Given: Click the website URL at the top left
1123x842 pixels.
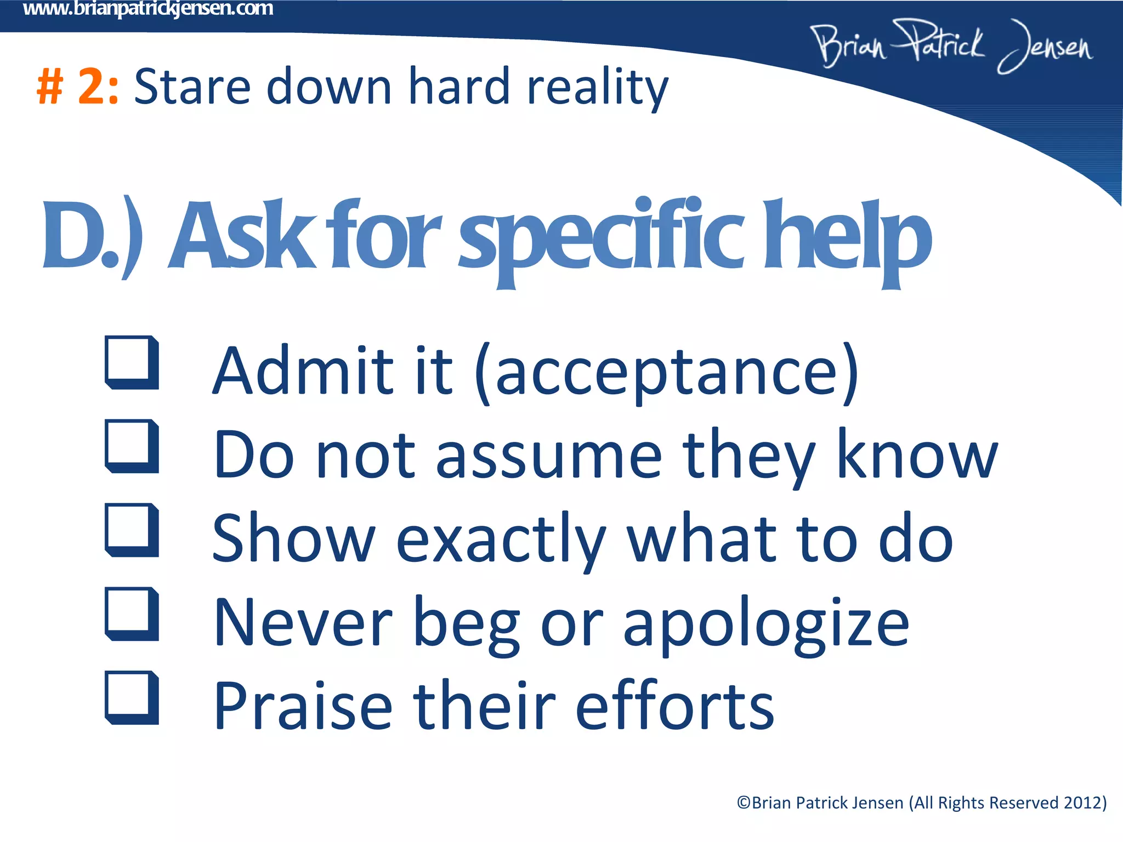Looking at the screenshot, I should click(148, 9).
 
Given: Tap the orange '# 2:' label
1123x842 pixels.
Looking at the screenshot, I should click(77, 87).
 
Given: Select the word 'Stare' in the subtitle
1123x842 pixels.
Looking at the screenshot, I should click(192, 87).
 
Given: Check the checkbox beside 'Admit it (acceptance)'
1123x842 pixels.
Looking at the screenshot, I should click(131, 362).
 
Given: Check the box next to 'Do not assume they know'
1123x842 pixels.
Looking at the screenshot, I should click(131, 445).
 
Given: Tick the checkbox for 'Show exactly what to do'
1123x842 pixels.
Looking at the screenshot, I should click(131, 529).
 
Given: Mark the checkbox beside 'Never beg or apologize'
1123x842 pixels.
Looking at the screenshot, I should click(131, 613).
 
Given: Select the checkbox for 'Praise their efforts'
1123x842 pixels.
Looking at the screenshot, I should click(131, 697).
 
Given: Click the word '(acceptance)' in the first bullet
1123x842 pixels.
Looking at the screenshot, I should click(666, 373).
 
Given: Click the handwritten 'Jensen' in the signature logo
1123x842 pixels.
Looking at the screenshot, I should click(1045, 47).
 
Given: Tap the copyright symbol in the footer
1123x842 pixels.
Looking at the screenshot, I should click(744, 803).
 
